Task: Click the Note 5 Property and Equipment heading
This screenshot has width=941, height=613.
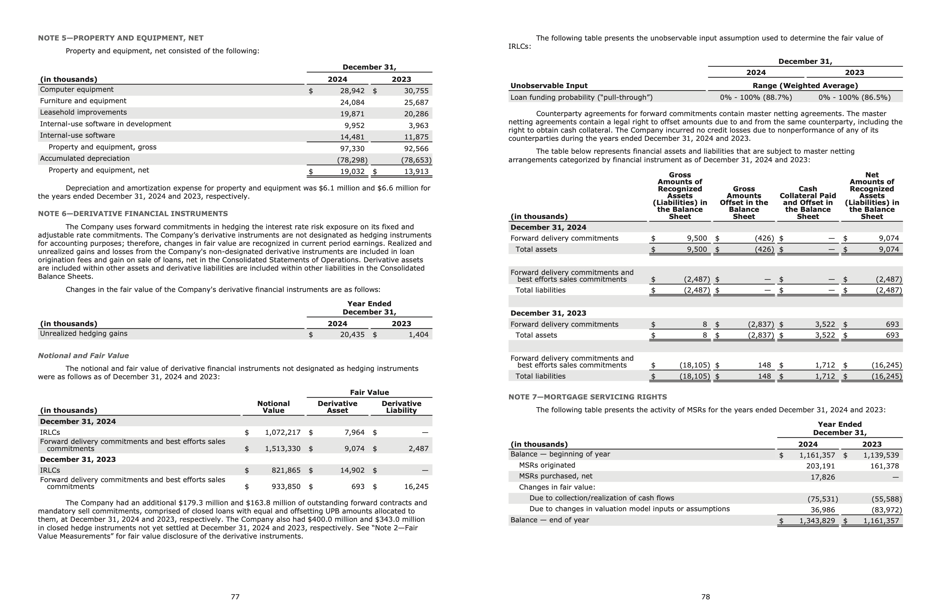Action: point(121,38)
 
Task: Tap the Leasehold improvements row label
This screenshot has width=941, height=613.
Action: point(84,113)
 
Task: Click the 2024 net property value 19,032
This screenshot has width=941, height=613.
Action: point(352,172)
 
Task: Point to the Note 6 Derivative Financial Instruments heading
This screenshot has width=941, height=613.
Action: point(133,214)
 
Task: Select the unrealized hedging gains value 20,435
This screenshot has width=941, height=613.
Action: point(352,335)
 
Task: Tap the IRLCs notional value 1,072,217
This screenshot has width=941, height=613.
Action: point(282,433)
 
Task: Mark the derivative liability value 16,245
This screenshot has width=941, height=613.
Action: point(416,486)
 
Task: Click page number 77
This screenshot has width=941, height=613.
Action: point(235,597)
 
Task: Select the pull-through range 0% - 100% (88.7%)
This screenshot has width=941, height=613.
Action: point(756,98)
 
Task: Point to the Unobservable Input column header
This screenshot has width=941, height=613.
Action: point(549,86)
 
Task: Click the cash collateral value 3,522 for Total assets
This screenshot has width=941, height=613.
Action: point(825,335)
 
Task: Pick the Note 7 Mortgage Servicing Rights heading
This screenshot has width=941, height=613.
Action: point(587,397)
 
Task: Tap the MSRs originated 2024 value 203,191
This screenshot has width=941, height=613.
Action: point(820,466)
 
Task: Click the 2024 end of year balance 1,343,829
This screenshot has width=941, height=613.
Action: point(817,521)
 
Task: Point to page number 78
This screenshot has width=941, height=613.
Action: point(706,597)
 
